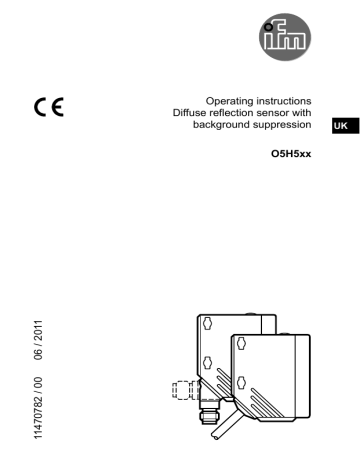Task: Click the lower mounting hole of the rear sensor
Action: (x=208, y=361)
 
